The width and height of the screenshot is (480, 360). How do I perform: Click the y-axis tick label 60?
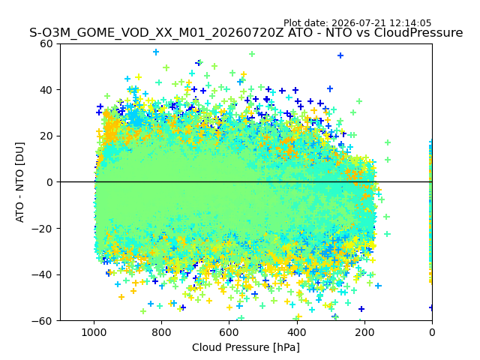click(46, 43)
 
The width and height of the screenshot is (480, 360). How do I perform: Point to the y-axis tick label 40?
click(46, 90)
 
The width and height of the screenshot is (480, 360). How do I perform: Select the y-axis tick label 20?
click(46, 136)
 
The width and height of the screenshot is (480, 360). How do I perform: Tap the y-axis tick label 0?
click(49, 182)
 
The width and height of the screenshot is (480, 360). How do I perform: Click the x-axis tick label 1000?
click(94, 332)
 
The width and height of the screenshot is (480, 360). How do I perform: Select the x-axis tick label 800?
click(162, 332)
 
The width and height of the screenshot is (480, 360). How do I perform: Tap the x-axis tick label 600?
click(229, 332)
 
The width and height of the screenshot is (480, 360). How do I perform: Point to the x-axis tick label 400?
click(297, 332)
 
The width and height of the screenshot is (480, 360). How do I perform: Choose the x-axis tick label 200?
click(364, 332)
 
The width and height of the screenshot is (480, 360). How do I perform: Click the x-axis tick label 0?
click(432, 332)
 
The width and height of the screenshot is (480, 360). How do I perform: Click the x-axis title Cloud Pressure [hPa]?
click(246, 348)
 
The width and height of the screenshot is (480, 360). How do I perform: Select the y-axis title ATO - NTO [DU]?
click(20, 182)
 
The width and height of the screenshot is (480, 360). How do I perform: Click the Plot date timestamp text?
click(357, 23)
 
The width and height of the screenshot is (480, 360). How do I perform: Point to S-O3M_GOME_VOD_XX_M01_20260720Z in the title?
click(157, 33)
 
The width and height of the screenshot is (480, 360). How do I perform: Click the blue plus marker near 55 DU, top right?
click(340, 55)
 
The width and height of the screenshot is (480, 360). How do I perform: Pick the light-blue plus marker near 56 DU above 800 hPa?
click(156, 52)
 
